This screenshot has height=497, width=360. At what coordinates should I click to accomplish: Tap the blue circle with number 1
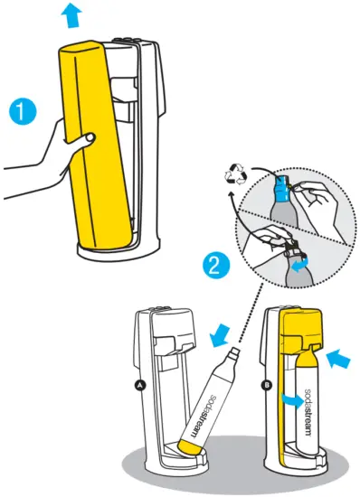pyautogui.click(x=23, y=112)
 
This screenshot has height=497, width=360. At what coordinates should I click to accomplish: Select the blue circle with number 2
pyautogui.click(x=216, y=267)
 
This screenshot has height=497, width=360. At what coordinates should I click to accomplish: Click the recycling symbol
pyautogui.click(x=235, y=173)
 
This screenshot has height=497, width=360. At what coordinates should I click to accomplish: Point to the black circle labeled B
pyautogui.click(x=267, y=386)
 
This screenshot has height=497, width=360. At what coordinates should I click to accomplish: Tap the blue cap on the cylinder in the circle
pyautogui.click(x=282, y=189)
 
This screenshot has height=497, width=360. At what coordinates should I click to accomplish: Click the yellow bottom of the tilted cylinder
pyautogui.click(x=190, y=446)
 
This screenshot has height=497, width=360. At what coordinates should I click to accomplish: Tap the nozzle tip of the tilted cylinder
pyautogui.click(x=234, y=352)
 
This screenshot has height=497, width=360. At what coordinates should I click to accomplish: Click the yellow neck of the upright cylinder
pyautogui.click(x=307, y=356)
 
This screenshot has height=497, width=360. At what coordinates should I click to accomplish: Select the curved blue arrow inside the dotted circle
pyautogui.click(x=299, y=265)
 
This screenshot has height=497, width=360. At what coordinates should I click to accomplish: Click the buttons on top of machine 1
pyautogui.click(x=127, y=41)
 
